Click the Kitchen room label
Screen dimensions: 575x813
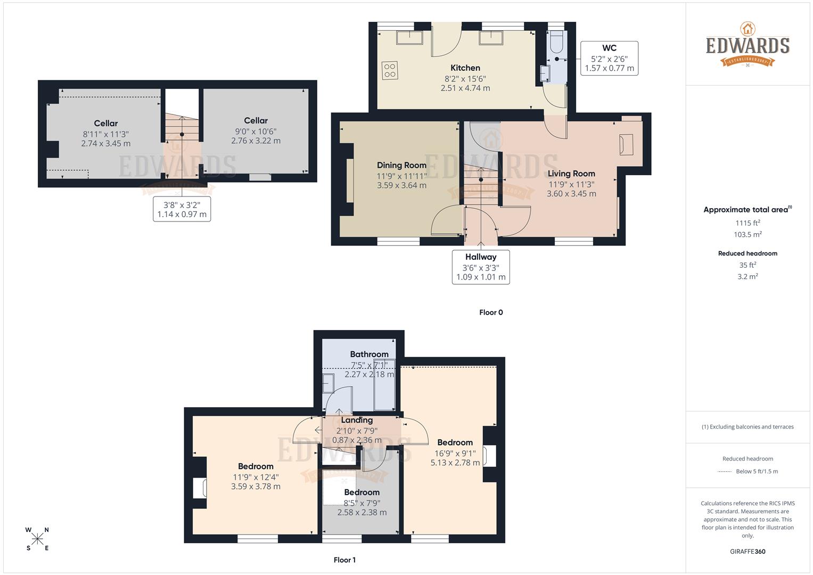(x=465, y=68)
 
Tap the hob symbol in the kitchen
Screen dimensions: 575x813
(x=390, y=70)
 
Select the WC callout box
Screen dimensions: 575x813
(x=609, y=58)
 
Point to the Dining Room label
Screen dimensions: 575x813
(x=401, y=165)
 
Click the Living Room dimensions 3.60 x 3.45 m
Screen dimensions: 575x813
(x=571, y=194)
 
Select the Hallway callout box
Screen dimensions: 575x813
(x=481, y=267)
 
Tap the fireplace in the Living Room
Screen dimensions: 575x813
(x=626, y=144)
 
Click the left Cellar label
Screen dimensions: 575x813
(x=106, y=123)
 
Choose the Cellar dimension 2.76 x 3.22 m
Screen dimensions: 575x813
(x=256, y=141)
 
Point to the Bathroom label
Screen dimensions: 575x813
(x=369, y=354)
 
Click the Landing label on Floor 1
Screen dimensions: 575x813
(x=357, y=420)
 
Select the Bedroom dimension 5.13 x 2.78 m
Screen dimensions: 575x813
(x=455, y=463)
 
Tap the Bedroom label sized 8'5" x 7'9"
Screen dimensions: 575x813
(x=362, y=492)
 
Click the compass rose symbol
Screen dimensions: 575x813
(x=37, y=539)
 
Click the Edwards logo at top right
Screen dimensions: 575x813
(x=748, y=45)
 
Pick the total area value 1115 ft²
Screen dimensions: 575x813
(x=748, y=223)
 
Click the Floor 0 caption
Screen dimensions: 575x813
(x=490, y=313)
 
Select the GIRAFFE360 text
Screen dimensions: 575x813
(x=748, y=552)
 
